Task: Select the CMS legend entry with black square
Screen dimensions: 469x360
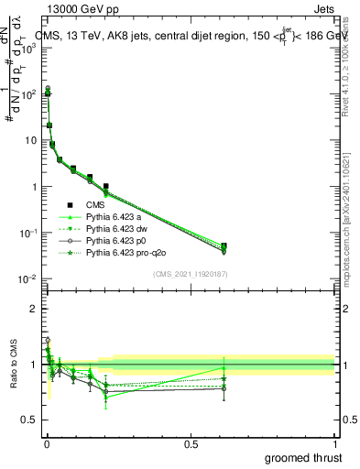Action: pos(97,206)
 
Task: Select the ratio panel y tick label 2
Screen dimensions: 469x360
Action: pos(35,309)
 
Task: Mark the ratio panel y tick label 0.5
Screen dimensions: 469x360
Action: pos(30,420)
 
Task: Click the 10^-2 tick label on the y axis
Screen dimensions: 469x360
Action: pos(27,279)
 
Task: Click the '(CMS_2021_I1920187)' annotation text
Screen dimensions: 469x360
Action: pos(189,274)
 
